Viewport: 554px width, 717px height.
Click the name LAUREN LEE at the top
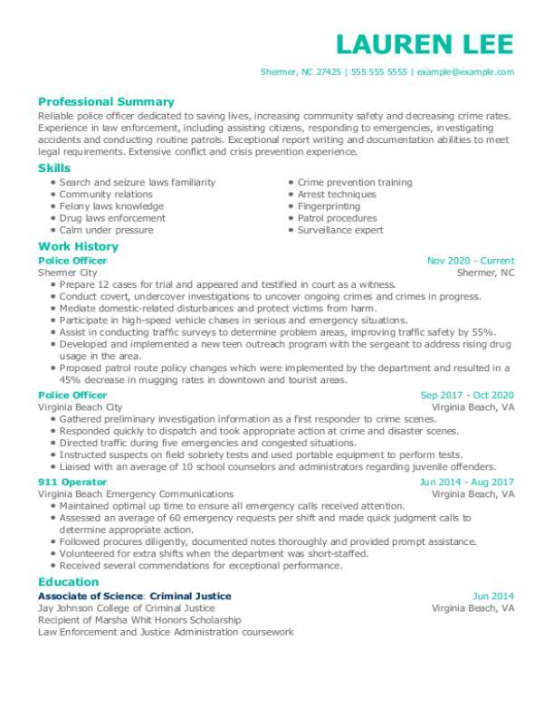(x=424, y=43)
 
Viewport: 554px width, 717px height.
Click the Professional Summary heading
(x=106, y=102)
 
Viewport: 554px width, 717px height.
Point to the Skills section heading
(x=53, y=168)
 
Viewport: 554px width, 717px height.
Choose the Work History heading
(x=78, y=246)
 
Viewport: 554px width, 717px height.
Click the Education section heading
(x=68, y=582)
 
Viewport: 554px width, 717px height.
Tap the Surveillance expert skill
(x=341, y=231)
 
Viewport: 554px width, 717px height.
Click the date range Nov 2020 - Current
(x=470, y=261)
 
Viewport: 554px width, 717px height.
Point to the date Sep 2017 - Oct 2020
(x=467, y=396)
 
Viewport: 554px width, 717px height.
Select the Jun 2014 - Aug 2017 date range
(x=467, y=483)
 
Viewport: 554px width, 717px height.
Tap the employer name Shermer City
(x=67, y=272)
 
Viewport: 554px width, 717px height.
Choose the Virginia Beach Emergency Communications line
(x=135, y=495)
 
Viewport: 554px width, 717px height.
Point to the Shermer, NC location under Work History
(x=485, y=272)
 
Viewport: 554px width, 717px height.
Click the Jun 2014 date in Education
(x=493, y=597)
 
